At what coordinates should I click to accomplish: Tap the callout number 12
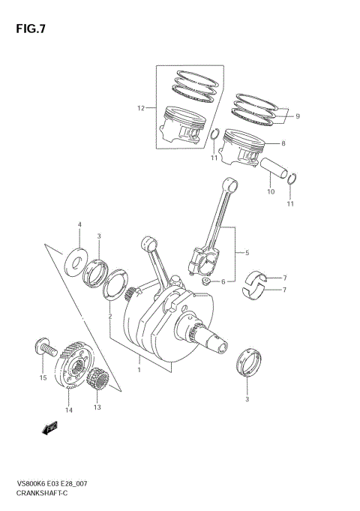[140, 109]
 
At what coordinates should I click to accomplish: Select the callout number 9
[297, 116]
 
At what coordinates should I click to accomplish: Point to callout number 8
[283, 143]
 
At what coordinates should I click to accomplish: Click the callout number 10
[271, 191]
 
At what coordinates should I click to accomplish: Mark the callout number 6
[223, 282]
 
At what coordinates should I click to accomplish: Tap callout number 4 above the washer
[79, 224]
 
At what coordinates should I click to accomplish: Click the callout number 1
[139, 369]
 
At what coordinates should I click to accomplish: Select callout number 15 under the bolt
[43, 377]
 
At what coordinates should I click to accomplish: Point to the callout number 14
[68, 410]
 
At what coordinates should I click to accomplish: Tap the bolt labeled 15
[44, 347]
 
